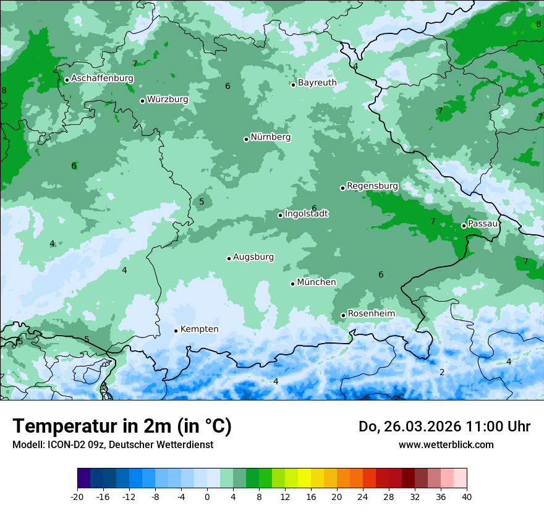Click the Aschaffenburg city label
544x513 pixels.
(x=102, y=78)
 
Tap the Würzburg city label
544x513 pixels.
(x=168, y=100)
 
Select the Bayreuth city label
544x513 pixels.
(x=317, y=83)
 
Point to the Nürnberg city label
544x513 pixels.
(x=270, y=137)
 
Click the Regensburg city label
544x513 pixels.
(x=372, y=186)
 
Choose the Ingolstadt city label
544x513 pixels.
(x=306, y=214)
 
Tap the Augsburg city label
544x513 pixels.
(x=253, y=257)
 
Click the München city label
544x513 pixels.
(x=317, y=282)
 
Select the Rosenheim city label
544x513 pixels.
(x=371, y=314)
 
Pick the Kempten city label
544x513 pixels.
(x=199, y=329)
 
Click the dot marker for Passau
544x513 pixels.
(x=464, y=226)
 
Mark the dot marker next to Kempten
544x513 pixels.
(x=176, y=331)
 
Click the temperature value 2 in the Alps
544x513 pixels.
(x=442, y=372)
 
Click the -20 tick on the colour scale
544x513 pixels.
(x=77, y=496)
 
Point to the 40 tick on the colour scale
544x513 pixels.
(x=466, y=496)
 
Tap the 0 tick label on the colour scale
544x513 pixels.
(x=207, y=496)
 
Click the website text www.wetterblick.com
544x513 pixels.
(x=446, y=445)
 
